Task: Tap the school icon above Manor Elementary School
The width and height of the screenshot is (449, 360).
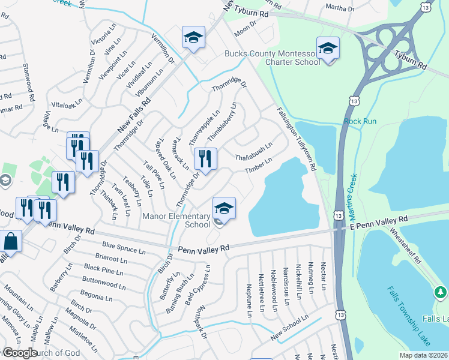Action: coord(224,208)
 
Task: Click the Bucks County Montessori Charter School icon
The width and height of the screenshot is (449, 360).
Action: coord(328,48)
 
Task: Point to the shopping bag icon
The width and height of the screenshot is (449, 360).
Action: coord(11,241)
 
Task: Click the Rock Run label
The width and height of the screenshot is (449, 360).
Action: coord(360,121)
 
